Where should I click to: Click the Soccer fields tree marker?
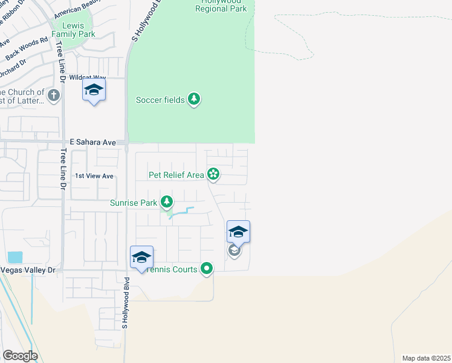point(193,99)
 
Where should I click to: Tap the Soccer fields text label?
point(160,100)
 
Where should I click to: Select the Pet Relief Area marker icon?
point(213,175)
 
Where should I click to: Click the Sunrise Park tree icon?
point(167,203)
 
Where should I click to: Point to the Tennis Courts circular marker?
point(207,268)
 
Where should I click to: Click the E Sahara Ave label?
point(92,142)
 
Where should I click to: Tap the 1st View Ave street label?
point(94,176)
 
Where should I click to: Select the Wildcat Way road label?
point(88,78)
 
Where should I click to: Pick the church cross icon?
point(54,95)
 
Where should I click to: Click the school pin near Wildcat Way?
point(94,91)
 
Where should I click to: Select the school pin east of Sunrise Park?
point(238,232)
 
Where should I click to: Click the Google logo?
point(20,356)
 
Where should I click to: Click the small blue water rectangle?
point(15,257)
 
